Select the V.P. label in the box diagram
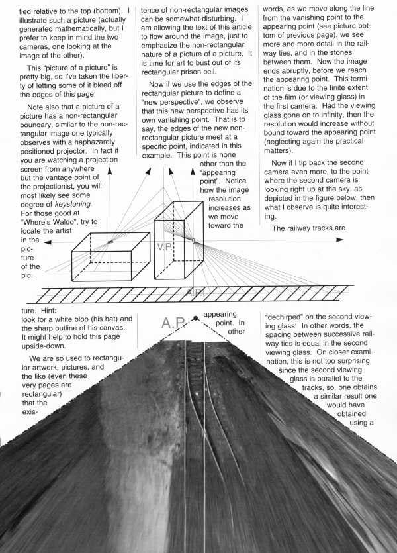pyautogui.click(x=165, y=246)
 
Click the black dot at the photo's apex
pyautogui.click(x=196, y=319)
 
